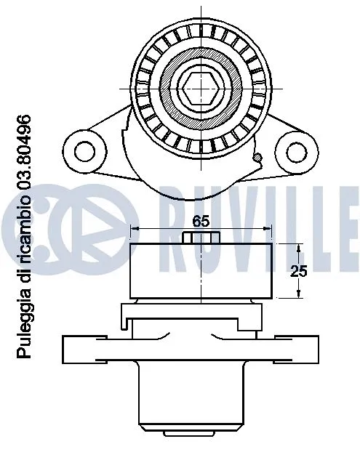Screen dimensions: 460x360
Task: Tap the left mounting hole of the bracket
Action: tap(86, 150)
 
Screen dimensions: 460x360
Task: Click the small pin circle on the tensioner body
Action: tap(257, 156)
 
